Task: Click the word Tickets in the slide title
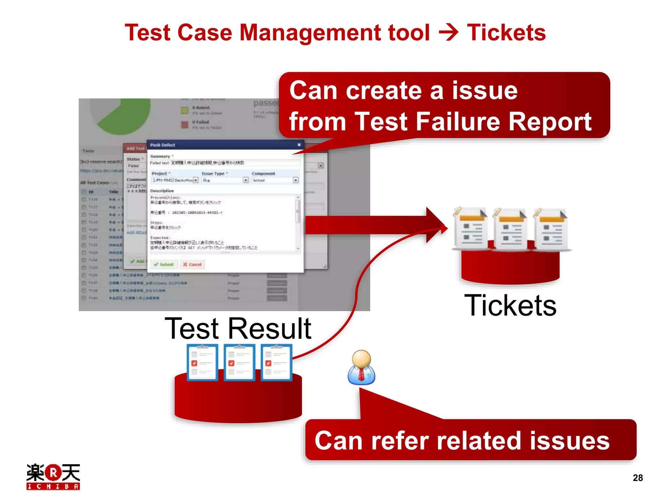click(x=506, y=33)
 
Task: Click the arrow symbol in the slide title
click(x=449, y=33)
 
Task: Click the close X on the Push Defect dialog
click(x=299, y=145)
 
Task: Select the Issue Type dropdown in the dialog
click(x=225, y=180)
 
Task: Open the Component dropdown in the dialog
click(x=275, y=180)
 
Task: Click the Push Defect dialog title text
click(x=163, y=145)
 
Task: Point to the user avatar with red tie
click(x=361, y=367)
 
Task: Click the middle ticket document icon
click(x=510, y=229)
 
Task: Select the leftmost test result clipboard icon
click(x=202, y=363)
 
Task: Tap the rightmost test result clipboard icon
click(x=277, y=363)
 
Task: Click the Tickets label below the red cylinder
click(x=510, y=305)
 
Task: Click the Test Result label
click(x=238, y=328)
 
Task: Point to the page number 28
click(x=638, y=478)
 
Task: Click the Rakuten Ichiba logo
click(x=53, y=476)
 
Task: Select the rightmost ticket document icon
click(x=550, y=229)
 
